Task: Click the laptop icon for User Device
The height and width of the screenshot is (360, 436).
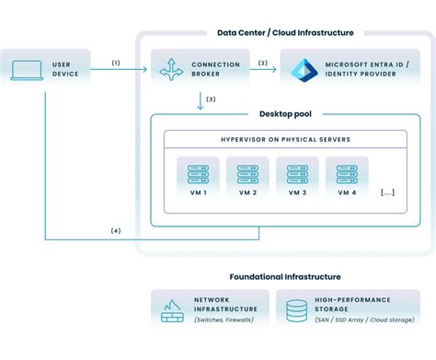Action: tap(26, 69)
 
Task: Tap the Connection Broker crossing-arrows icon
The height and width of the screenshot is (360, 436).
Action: tap(171, 69)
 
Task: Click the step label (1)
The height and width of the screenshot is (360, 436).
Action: tap(116, 63)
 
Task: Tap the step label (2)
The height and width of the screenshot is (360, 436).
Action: tap(262, 63)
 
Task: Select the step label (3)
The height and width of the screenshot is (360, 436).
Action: tap(211, 99)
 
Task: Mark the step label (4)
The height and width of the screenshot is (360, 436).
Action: tap(116, 229)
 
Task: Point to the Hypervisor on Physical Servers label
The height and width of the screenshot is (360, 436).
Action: tap(284, 139)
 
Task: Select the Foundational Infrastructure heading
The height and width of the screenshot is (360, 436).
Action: tap(284, 276)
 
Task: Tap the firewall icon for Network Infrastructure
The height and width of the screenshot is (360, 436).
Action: tap(172, 311)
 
